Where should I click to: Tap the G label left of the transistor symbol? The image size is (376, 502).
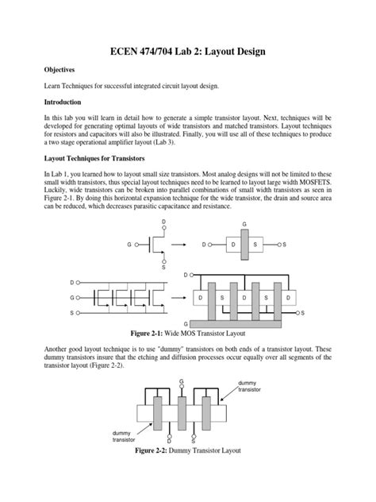pyautogui.click(x=129, y=245)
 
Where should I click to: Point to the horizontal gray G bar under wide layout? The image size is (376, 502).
pyautogui.click(x=241, y=324)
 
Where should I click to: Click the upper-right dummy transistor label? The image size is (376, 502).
pyautogui.click(x=251, y=388)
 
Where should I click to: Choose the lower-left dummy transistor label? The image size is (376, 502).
pyautogui.click(x=125, y=436)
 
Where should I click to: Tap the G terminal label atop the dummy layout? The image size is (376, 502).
pyautogui.click(x=181, y=382)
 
